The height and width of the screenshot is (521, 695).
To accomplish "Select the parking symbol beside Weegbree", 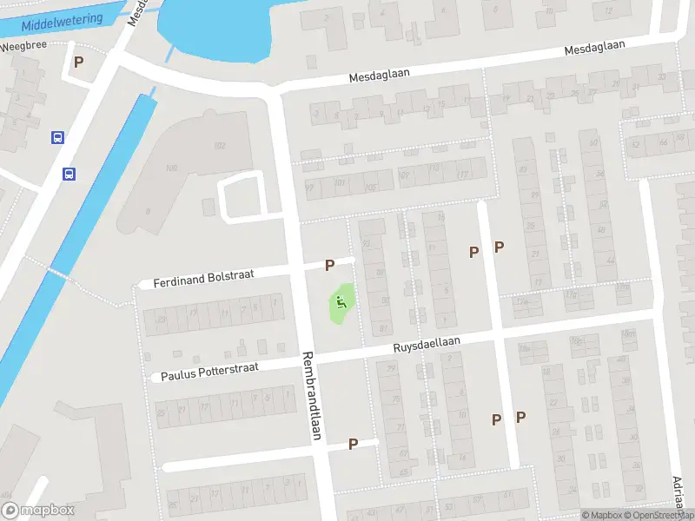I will point(79,63).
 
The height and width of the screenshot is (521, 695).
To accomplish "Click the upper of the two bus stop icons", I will point(57,137).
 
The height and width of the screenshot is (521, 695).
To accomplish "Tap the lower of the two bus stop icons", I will point(69,174).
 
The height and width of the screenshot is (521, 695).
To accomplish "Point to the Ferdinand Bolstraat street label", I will point(203,278).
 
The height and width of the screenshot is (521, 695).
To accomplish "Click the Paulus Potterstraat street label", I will point(209,372).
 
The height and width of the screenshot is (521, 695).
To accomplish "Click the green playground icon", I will point(341,302).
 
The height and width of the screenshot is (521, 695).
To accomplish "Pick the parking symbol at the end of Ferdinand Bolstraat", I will point(329,265).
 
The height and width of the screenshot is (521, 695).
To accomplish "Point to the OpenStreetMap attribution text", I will point(659,515).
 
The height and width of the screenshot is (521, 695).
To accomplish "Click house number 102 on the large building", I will point(220,146).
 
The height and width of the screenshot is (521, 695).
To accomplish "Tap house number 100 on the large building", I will point(170,168).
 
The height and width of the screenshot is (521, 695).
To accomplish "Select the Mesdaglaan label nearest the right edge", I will point(595,49).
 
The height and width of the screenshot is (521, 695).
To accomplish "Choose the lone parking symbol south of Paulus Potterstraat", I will point(353,444).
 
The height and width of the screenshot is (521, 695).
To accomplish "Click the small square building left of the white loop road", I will point(208,207).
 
